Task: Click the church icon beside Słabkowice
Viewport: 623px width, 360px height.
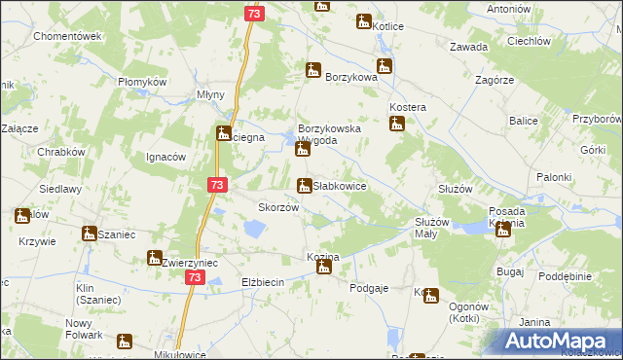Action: [304, 185]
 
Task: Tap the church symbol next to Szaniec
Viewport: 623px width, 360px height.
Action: [89, 234]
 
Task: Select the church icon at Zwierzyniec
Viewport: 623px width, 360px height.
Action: [154, 258]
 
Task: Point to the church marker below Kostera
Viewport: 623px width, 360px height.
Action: [396, 124]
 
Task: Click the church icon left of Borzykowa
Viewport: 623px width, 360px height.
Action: [312, 70]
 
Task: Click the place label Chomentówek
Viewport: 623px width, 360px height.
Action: [68, 36]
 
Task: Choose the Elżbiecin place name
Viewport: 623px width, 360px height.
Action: [262, 282]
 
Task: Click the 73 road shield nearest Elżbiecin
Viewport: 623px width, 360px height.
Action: [196, 277]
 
